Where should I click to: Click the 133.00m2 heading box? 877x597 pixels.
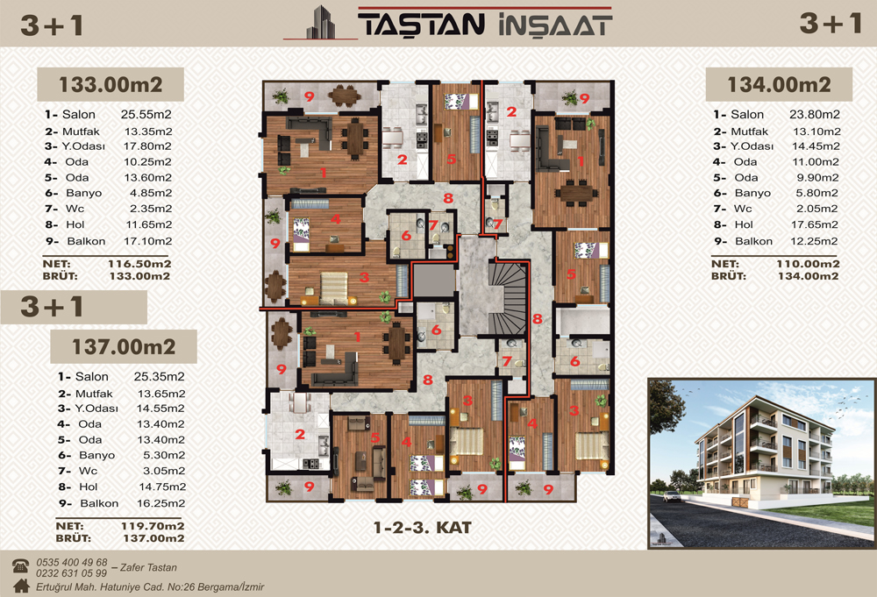pos(111,84)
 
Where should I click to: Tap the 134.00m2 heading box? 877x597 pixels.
pos(779,84)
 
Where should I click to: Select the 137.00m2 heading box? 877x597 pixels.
pos(124,346)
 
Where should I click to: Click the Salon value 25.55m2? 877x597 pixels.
pos(146,115)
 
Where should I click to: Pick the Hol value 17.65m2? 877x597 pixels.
pos(815,224)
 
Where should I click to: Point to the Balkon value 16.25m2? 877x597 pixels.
pos(161,503)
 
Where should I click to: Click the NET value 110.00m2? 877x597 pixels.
pos(808,264)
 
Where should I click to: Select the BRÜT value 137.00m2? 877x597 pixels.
pos(153,538)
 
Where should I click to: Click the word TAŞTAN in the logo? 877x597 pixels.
pos(421,25)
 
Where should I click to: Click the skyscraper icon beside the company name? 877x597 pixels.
pos(321,23)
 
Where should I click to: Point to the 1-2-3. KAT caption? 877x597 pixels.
pos(423,527)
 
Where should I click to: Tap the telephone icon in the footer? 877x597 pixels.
pos(21,565)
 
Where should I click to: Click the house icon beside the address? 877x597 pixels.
pos(21,586)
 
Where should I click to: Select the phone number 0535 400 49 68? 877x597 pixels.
pos(72,562)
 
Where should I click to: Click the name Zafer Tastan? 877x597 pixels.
pos(148,567)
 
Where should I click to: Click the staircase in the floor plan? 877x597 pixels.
pos(507,298)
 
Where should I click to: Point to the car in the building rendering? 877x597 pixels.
pos(671,495)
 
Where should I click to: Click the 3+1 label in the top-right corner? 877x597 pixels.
pos(830,24)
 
